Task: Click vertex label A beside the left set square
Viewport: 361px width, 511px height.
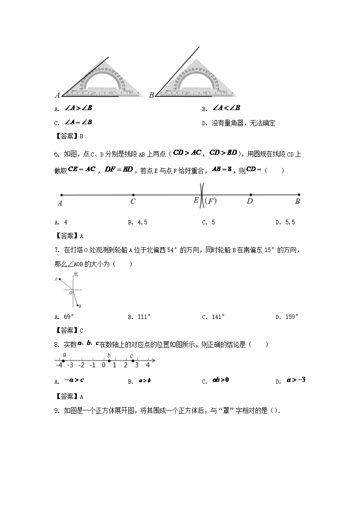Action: [58, 96]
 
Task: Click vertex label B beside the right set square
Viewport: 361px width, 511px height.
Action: [151, 95]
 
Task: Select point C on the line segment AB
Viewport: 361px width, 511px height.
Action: [133, 194]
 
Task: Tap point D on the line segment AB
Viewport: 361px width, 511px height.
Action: [250, 194]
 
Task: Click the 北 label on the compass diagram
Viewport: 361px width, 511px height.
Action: [76, 274]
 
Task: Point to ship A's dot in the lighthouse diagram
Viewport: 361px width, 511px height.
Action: [59, 279]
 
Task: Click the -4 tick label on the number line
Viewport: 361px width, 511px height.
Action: [59, 365]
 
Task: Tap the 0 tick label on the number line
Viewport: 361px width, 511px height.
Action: [104, 365]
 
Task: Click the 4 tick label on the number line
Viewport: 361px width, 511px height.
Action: [148, 365]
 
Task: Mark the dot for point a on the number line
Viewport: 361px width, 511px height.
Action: [63, 361]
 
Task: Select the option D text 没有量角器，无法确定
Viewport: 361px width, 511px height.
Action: [243, 123]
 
